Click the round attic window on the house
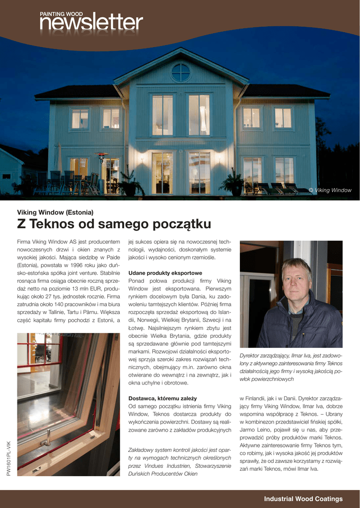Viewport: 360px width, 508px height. (180, 73)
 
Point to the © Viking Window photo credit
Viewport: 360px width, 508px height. (330, 190)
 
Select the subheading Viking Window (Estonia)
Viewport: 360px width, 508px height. (55, 212)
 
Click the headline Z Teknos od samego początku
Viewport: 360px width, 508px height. (114, 224)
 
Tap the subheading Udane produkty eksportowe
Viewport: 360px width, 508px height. (165, 273)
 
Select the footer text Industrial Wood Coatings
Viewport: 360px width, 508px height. (303, 499)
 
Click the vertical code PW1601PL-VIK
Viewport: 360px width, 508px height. (8, 458)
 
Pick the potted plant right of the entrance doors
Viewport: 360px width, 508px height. (232, 183)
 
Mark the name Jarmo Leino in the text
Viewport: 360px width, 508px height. (256, 430)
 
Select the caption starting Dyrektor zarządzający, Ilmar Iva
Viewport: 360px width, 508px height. (290, 367)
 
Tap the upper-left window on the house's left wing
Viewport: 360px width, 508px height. (79, 119)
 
